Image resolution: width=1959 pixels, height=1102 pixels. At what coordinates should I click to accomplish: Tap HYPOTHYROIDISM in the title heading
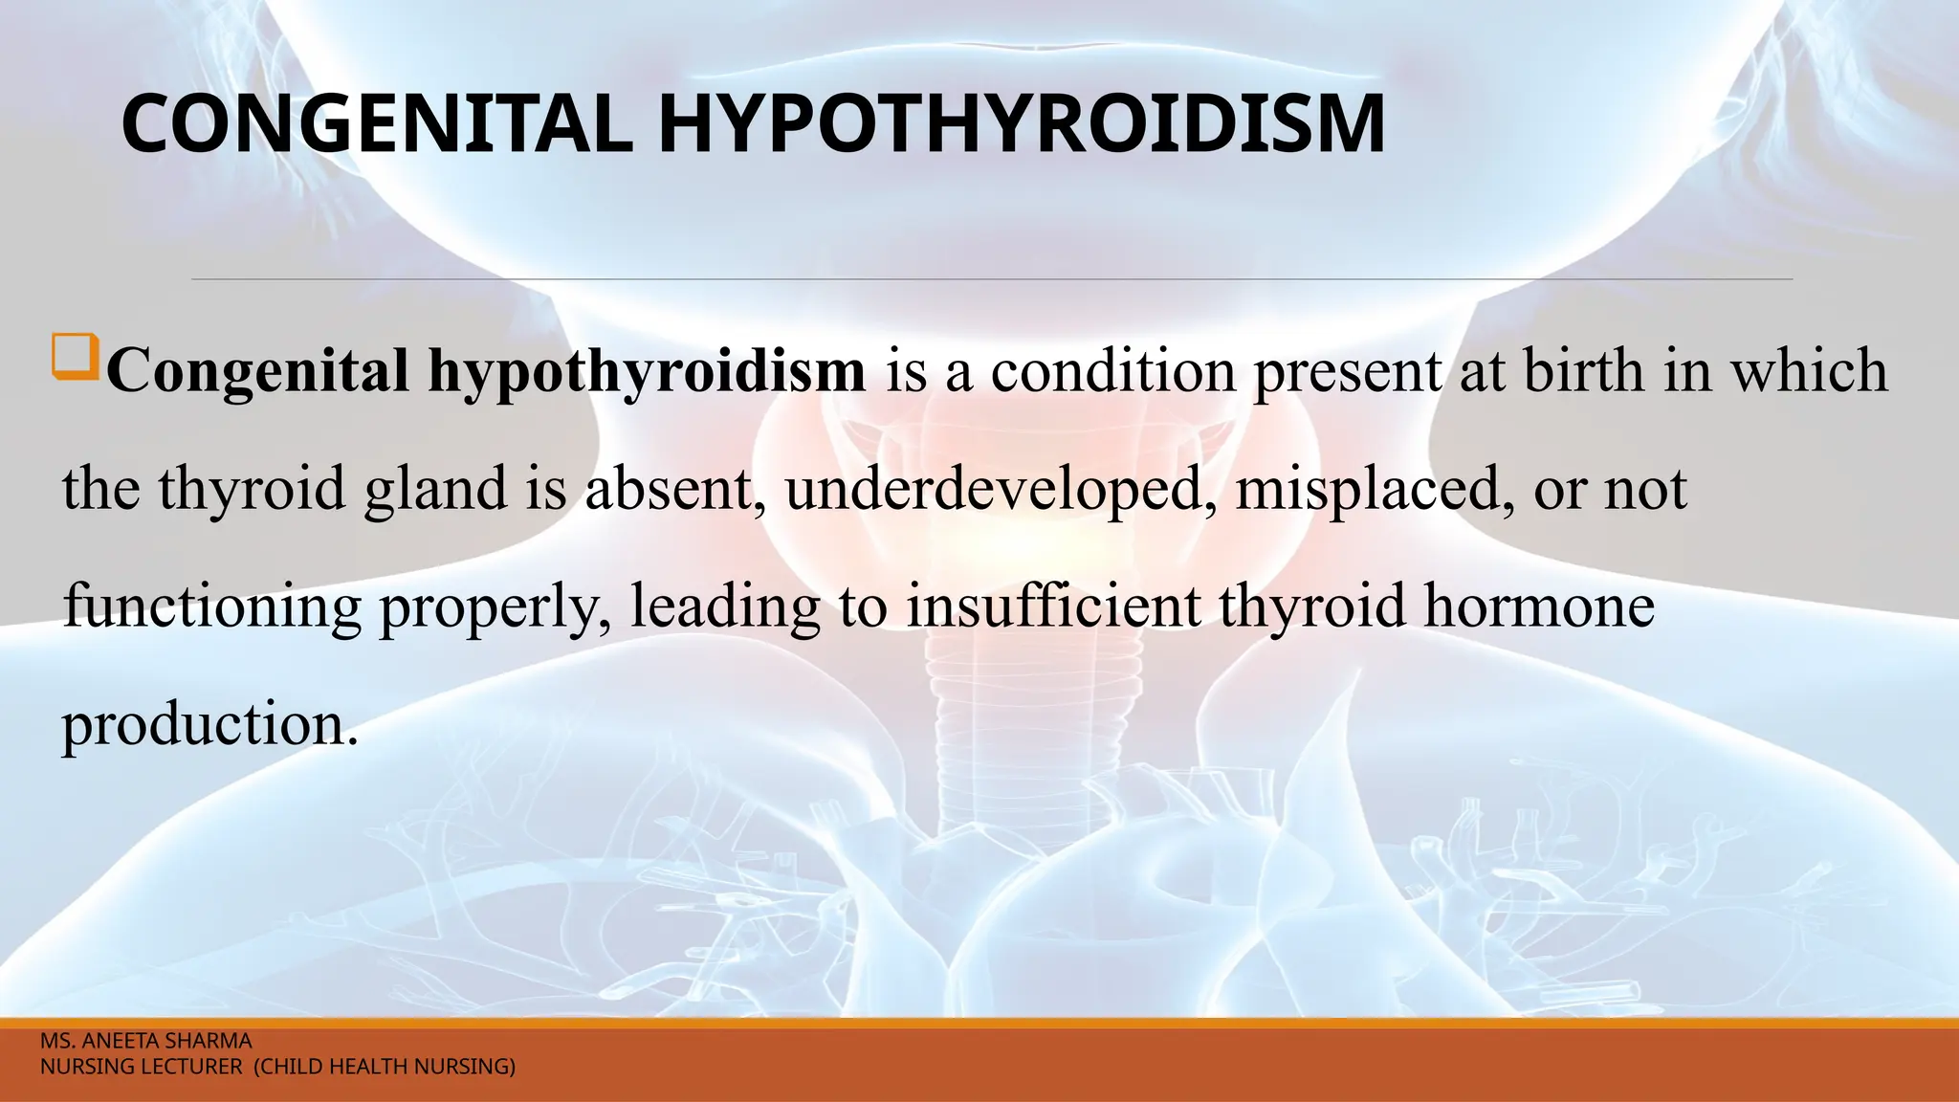pos(1021,124)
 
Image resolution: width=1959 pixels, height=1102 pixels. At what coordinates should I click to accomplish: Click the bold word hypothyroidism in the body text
pos(647,371)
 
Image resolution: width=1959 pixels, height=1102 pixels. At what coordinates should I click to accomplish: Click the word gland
pos(435,490)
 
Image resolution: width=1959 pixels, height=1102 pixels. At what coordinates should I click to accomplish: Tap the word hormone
pos(1539,606)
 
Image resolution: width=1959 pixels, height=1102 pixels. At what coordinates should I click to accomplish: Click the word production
pos(209,725)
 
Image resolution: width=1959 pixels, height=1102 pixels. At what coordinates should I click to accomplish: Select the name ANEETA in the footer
pos(118,1041)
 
